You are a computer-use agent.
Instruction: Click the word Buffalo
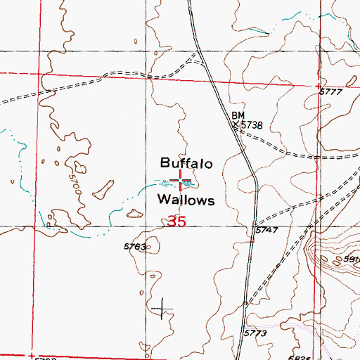tap(186, 163)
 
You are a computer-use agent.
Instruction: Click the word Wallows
tap(186, 200)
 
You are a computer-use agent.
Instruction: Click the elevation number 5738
tap(252, 124)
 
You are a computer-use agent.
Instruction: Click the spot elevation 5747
tap(266, 230)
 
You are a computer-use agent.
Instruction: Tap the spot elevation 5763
tap(134, 247)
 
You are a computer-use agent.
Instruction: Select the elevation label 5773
tap(257, 333)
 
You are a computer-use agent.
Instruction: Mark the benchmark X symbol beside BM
tap(237, 124)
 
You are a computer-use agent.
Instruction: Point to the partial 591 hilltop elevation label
tap(351, 259)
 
